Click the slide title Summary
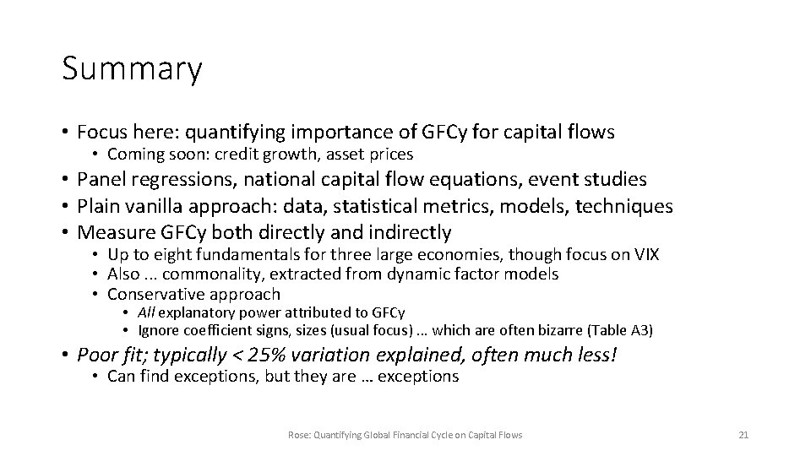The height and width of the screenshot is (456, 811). [132, 70]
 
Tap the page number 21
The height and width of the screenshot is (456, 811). [743, 435]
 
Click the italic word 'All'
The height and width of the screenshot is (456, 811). [146, 312]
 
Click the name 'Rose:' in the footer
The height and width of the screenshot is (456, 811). [299, 435]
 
